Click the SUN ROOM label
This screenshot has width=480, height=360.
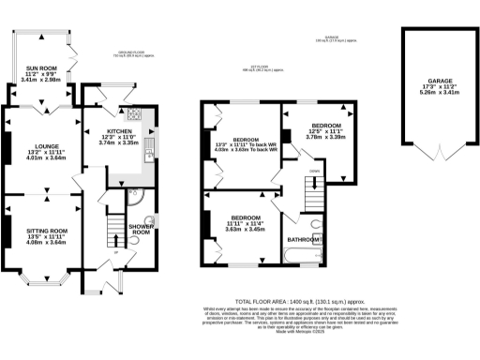[x=40, y=68]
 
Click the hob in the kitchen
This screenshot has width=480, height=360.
[x=134, y=116]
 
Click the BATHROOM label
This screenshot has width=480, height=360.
[x=306, y=240]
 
